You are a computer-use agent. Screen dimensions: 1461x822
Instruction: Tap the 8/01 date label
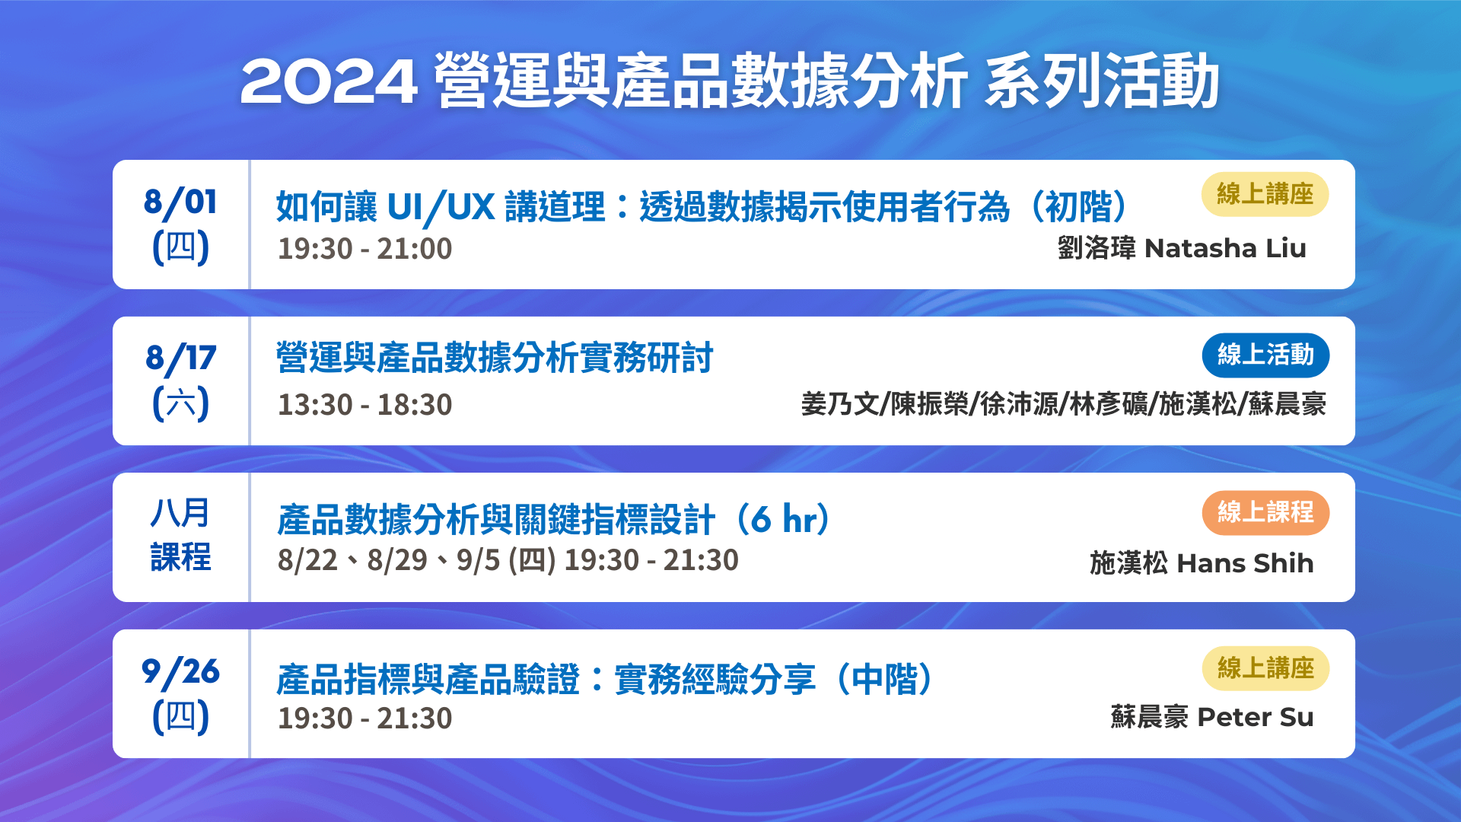coord(180,202)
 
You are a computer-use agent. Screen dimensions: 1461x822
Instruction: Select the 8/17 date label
coord(180,358)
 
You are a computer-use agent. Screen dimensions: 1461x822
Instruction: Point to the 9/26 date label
coord(180,672)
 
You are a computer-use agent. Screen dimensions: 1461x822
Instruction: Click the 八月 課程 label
coord(180,534)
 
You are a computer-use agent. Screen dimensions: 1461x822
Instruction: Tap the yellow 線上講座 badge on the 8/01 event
coord(1265,194)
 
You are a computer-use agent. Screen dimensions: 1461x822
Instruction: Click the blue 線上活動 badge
coord(1265,355)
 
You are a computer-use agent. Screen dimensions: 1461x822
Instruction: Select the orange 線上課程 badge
coord(1265,512)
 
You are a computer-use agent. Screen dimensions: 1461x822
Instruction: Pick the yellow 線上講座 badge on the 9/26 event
coord(1265,668)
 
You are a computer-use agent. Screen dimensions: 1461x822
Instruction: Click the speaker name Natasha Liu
coord(1225,248)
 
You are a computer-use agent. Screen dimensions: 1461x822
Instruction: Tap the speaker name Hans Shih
coord(1245,563)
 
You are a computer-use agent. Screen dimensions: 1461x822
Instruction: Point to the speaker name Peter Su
coord(1256,717)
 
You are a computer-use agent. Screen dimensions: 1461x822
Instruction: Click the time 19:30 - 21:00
coord(364,249)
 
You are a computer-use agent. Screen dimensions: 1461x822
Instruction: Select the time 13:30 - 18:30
coord(364,405)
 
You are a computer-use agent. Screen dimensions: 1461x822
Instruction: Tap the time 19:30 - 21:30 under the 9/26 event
coord(364,718)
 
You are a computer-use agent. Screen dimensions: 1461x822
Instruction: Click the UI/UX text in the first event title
coord(441,207)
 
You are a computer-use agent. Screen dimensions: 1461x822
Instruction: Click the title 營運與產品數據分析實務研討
coord(495,358)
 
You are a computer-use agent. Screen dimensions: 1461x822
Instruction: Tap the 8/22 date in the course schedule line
coord(307,561)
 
